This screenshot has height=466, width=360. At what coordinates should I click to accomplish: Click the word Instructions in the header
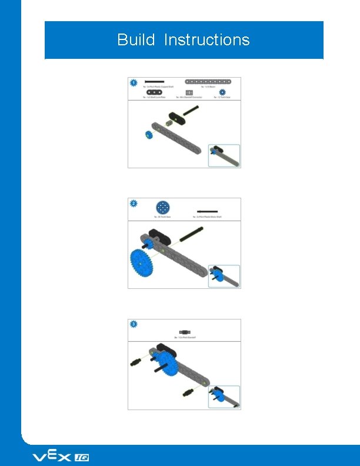click(x=206, y=40)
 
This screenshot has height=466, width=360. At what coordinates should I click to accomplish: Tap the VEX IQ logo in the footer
click(x=60, y=457)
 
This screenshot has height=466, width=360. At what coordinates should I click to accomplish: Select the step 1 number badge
click(x=134, y=83)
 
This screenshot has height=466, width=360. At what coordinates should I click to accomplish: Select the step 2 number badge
click(x=134, y=204)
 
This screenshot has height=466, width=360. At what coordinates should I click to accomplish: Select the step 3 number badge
click(x=134, y=324)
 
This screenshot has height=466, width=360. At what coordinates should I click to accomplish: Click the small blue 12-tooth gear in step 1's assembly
click(x=148, y=135)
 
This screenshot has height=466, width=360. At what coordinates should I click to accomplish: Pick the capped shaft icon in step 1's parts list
click(x=155, y=81)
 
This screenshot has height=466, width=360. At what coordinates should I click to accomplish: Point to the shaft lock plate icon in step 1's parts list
click(x=155, y=92)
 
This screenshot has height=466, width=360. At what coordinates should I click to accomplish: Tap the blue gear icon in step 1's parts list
click(x=222, y=92)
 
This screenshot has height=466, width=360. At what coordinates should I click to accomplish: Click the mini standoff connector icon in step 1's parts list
click(x=189, y=92)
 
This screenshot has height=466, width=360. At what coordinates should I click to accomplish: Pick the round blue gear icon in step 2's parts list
click(x=162, y=208)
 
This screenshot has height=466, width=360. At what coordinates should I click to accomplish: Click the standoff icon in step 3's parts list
click(x=184, y=331)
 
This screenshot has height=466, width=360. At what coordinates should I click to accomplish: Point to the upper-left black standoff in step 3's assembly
click(x=137, y=361)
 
